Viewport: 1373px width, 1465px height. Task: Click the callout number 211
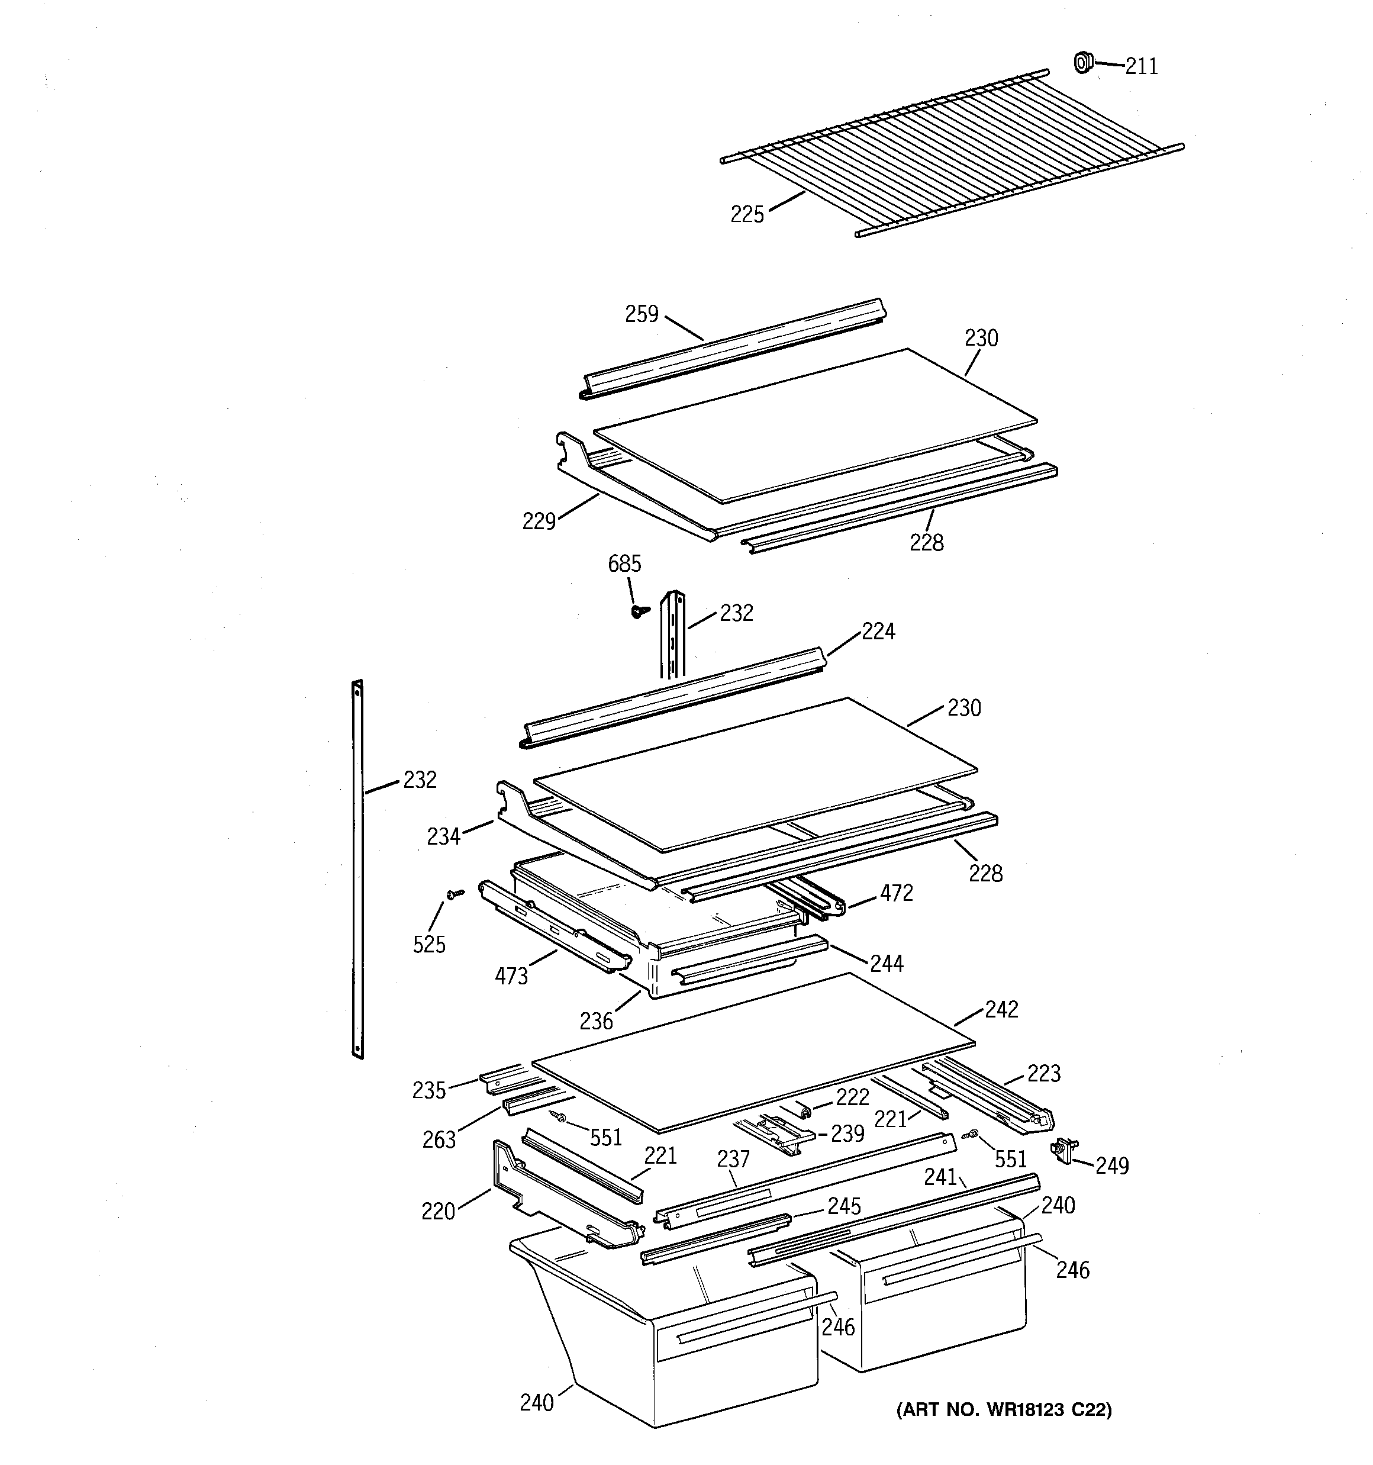tap(1141, 67)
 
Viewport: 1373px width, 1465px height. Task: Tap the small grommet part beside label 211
tap(1082, 63)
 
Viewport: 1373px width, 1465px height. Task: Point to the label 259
tap(641, 315)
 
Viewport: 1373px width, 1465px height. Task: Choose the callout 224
tap(878, 632)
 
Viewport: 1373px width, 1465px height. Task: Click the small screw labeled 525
tap(455, 894)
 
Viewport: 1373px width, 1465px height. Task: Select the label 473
tap(511, 977)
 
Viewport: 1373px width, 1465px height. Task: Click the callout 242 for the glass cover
tap(1001, 1010)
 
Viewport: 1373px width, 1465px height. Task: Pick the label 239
tap(847, 1134)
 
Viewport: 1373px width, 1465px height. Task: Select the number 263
tap(439, 1140)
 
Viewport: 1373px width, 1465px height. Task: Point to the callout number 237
tap(733, 1159)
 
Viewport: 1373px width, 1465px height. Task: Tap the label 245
tap(844, 1206)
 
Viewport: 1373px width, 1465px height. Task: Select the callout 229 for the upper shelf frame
tap(539, 521)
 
